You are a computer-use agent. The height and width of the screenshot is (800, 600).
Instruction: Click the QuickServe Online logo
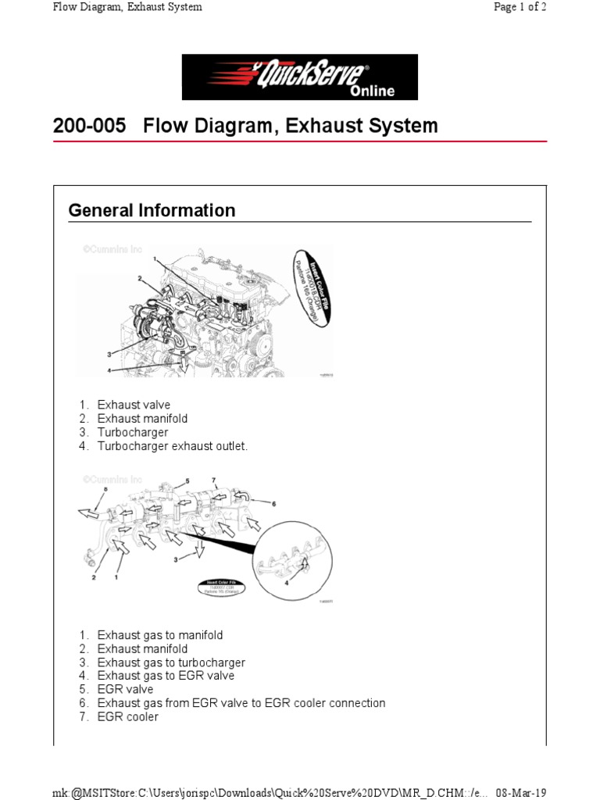300,77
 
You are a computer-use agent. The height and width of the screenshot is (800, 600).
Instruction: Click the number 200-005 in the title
89,126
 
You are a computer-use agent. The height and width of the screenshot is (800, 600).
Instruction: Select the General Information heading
152,210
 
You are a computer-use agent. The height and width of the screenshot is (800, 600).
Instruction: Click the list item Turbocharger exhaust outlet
172,446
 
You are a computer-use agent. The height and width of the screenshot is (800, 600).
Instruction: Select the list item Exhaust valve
134,405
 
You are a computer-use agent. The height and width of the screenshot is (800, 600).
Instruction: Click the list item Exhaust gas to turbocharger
171,662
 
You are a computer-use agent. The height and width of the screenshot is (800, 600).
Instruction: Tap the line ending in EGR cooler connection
241,703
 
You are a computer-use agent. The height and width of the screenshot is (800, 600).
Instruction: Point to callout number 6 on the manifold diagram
273,504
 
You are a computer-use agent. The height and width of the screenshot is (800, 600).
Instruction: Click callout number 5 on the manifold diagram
187,480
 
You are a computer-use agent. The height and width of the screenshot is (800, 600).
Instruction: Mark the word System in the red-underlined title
404,126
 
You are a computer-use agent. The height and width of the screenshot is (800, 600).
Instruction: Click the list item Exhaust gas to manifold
160,634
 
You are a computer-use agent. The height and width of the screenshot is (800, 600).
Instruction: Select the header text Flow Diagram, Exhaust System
127,7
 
